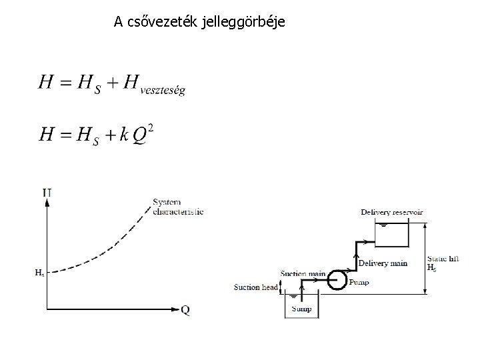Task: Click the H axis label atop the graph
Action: [x=47, y=193]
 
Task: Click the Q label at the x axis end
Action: [x=185, y=309]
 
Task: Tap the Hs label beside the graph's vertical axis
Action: [x=39, y=272]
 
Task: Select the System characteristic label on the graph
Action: [x=177, y=207]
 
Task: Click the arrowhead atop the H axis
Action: [x=47, y=204]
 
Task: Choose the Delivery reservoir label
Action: [x=392, y=212]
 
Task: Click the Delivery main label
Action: [x=383, y=263]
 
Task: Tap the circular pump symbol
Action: [x=338, y=279]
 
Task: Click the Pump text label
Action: [x=359, y=283]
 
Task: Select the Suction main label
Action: [x=303, y=273]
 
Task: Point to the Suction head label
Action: [x=255, y=287]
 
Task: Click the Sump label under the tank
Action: [x=303, y=309]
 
